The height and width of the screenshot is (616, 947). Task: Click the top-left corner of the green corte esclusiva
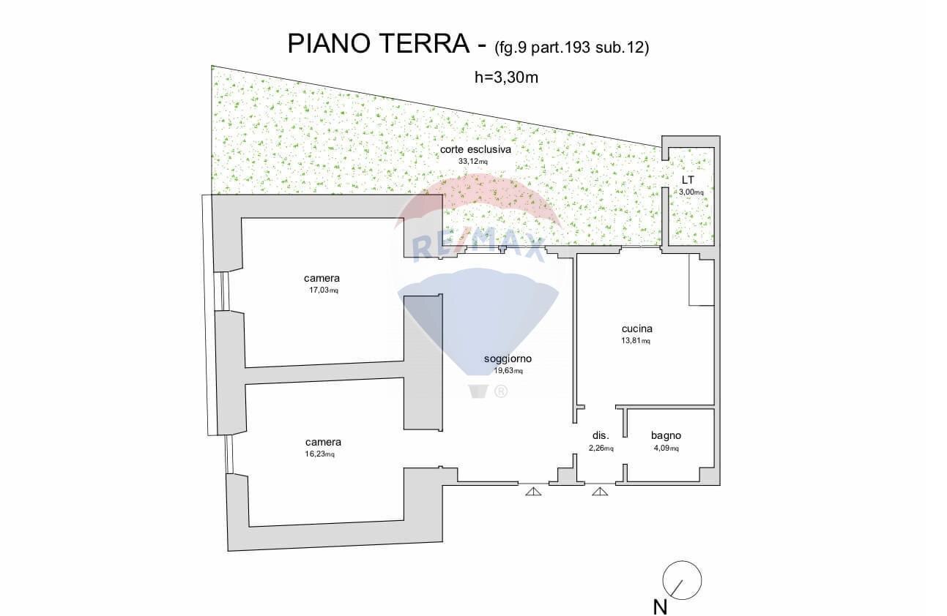click(212, 65)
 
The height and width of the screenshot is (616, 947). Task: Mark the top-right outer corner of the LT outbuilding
click(720, 136)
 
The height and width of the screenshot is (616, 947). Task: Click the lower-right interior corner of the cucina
click(714, 405)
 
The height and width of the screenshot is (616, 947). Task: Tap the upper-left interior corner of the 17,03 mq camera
click(242, 218)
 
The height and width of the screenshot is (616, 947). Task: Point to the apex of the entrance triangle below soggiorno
click(533, 487)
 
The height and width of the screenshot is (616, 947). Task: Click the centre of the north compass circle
click(682, 580)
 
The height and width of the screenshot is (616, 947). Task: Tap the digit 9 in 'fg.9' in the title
click(522, 48)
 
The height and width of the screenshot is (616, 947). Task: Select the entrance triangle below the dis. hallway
click(600, 492)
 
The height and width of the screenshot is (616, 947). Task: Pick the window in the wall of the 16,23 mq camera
click(229, 454)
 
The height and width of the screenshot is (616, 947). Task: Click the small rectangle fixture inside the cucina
click(702, 282)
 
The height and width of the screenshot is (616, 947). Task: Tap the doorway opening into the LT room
click(665, 174)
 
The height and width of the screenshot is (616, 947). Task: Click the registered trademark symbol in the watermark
click(500, 392)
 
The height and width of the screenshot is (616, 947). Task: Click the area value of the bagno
click(666, 448)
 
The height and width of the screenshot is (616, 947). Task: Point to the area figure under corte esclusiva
click(473, 161)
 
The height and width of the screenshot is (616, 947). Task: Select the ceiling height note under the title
click(506, 78)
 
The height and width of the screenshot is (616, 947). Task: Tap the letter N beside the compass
click(660, 607)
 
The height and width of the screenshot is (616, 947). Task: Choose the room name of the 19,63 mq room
click(508, 359)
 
